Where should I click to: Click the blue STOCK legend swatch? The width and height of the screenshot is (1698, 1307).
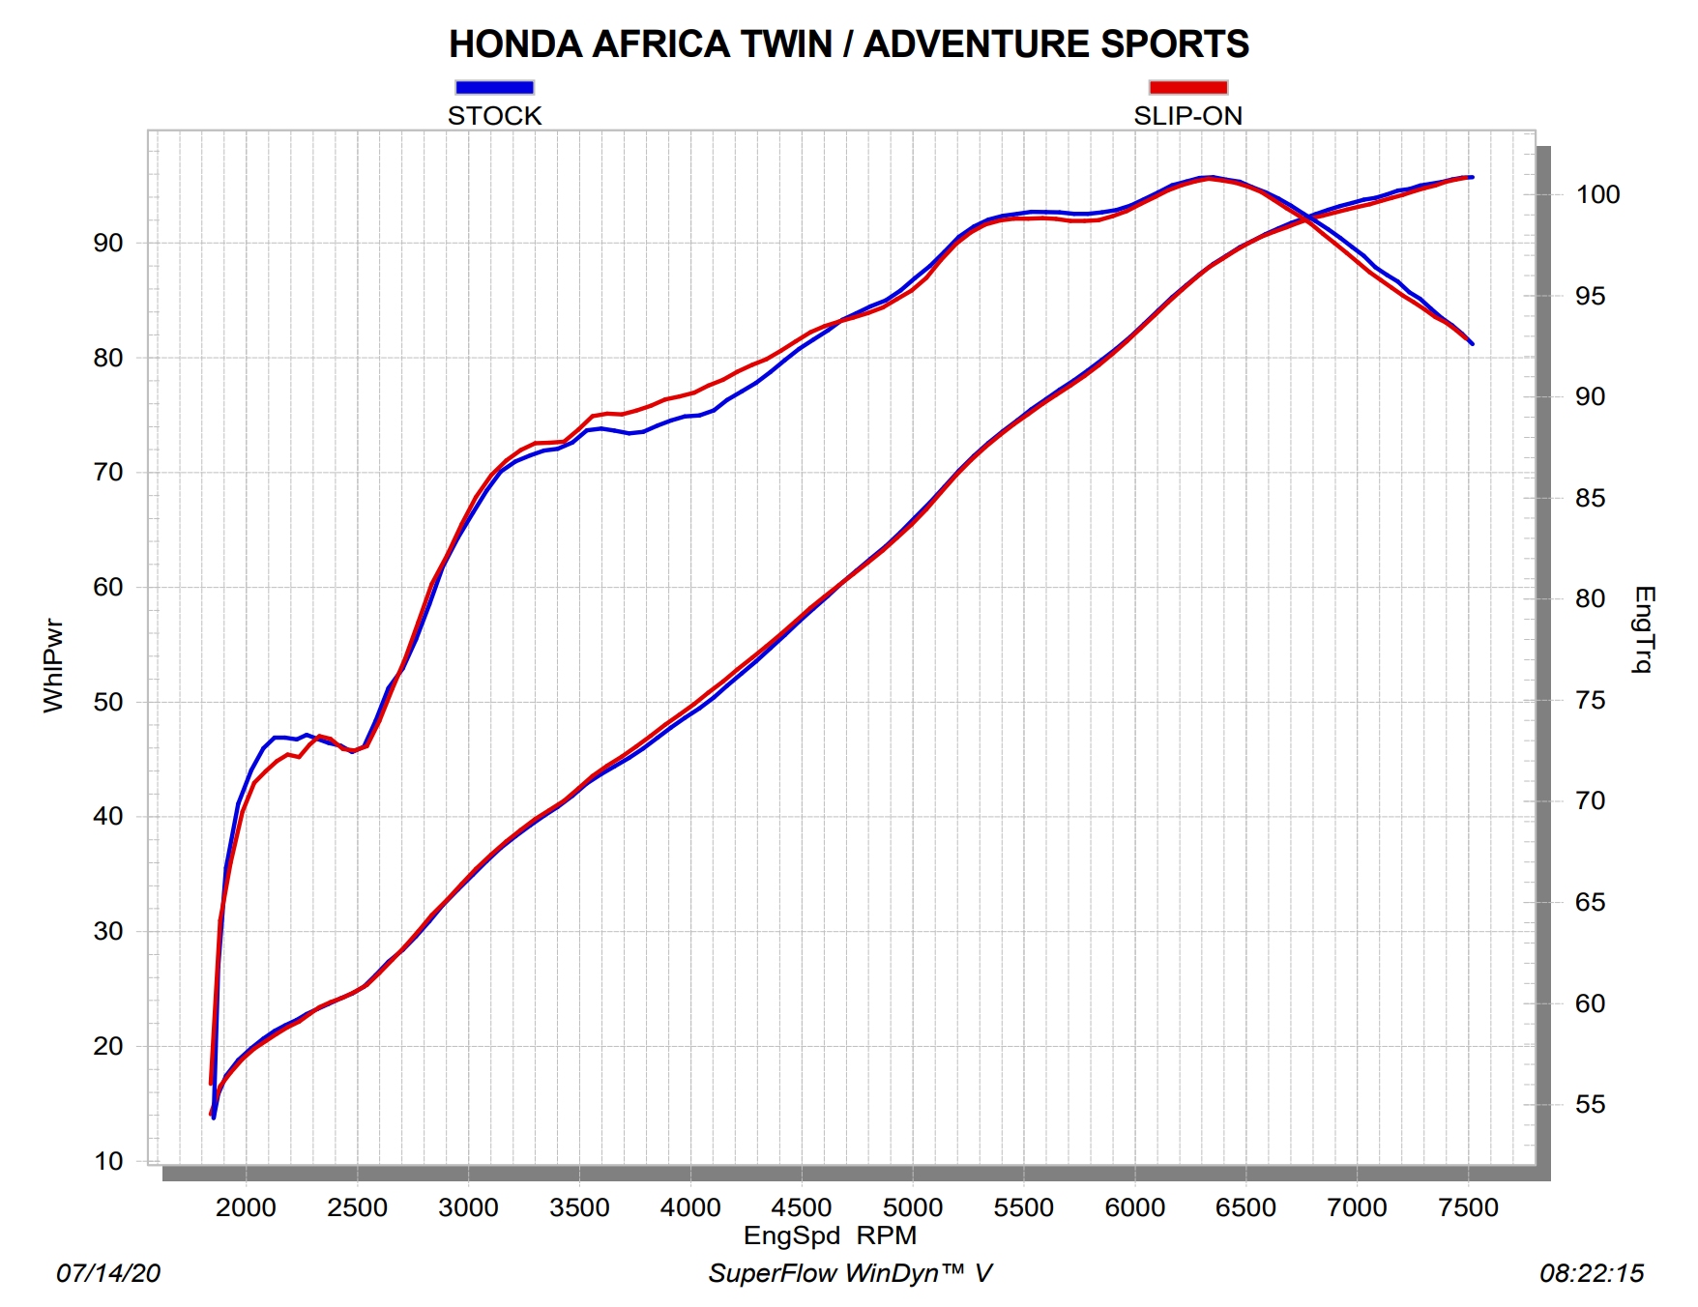[x=494, y=87]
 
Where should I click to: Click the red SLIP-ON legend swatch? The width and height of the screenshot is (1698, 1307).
[x=1187, y=87]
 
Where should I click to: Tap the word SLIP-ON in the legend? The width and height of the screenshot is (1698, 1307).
[x=1187, y=116]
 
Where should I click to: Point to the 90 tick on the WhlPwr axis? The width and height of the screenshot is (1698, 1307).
[x=108, y=244]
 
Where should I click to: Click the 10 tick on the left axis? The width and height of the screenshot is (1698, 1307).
[x=108, y=1161]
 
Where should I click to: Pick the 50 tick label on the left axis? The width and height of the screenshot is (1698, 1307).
[x=108, y=703]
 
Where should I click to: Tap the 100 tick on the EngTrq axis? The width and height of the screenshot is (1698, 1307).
[x=1597, y=195]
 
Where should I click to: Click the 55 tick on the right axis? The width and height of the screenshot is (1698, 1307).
[x=1590, y=1105]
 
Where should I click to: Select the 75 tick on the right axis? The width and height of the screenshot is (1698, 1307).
[x=1590, y=701]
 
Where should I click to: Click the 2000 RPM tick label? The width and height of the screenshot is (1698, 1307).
[x=246, y=1207]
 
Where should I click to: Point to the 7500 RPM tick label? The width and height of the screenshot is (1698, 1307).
[x=1468, y=1207]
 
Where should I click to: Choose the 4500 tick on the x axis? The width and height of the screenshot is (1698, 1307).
[x=801, y=1207]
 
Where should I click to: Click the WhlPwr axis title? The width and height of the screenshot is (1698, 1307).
[x=53, y=666]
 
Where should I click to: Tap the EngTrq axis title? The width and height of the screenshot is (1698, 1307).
[x=1643, y=628]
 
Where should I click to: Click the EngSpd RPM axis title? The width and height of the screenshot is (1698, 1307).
[x=830, y=1235]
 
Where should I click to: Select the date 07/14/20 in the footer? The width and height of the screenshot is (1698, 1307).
[x=108, y=1273]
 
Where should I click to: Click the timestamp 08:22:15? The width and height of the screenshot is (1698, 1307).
[x=1591, y=1273]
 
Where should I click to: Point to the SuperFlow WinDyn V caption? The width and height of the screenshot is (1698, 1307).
[x=850, y=1273]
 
